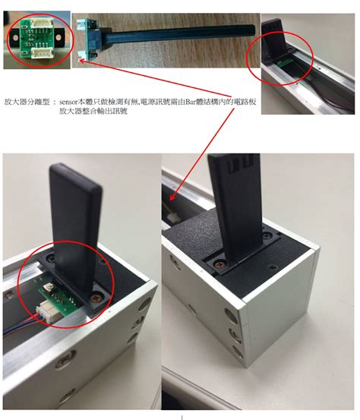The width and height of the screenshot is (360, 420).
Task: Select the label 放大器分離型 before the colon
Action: pyautogui.click(x=27, y=100)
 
